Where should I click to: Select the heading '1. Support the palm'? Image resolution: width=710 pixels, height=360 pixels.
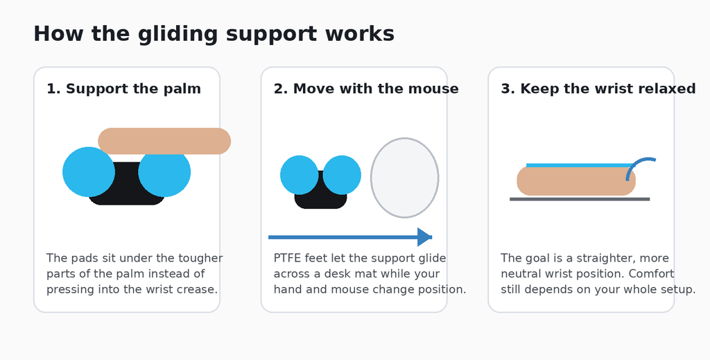123,89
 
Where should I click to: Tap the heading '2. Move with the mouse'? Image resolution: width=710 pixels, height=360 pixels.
366,89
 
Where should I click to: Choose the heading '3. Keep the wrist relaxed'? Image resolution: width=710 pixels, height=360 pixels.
598,89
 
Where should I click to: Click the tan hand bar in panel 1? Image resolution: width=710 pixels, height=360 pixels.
164,141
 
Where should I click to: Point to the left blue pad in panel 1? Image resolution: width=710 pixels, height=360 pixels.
89,171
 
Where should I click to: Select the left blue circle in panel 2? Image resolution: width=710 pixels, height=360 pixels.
300,175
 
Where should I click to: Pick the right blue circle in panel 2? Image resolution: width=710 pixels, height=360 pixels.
342,175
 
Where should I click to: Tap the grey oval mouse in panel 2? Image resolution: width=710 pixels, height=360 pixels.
405,178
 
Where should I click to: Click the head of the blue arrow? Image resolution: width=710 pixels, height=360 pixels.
425,237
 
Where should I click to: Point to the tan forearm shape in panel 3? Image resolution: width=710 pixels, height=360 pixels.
576,181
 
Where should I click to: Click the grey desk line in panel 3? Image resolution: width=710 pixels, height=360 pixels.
580,199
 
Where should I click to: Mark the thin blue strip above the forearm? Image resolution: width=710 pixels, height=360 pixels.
580,165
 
